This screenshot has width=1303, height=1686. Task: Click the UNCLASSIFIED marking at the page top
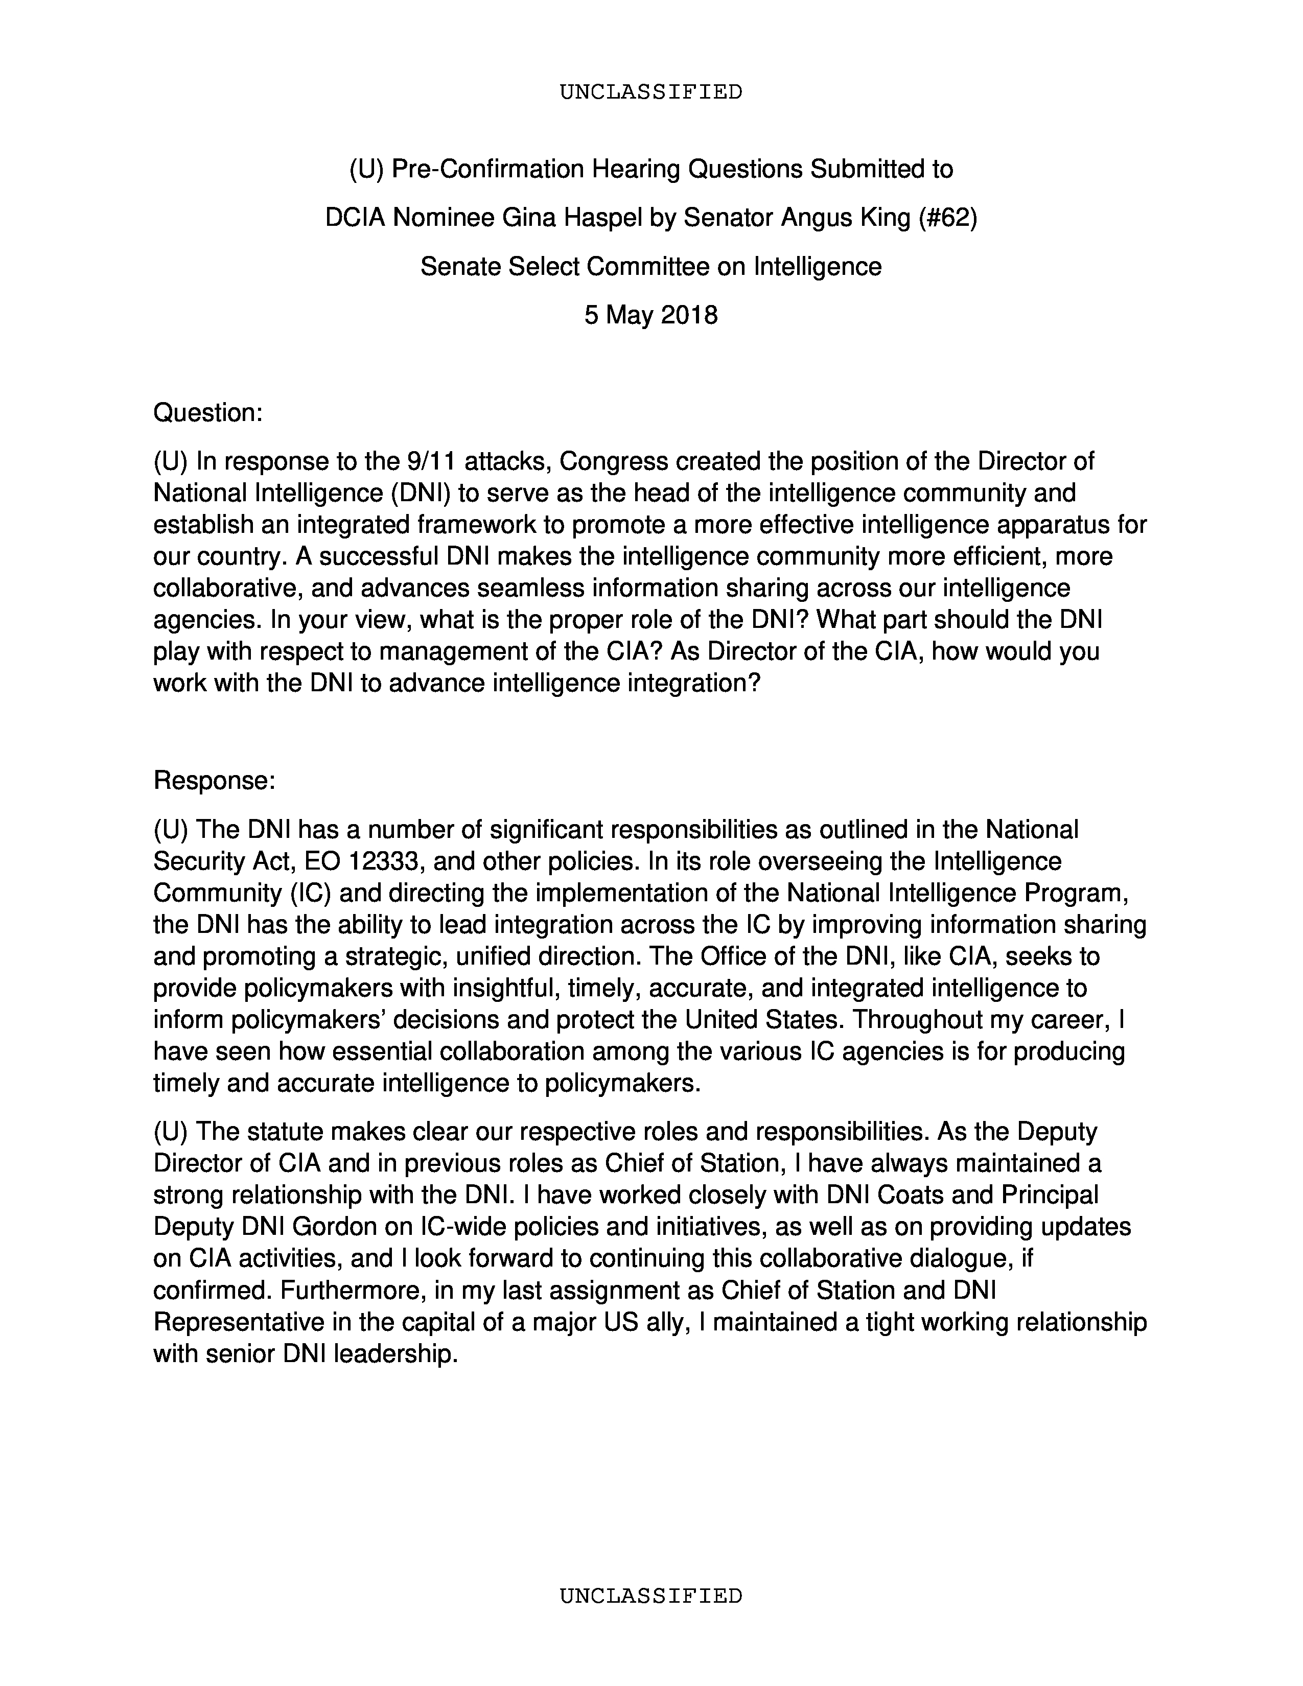pyautogui.click(x=650, y=92)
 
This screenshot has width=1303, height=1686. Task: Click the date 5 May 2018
pyautogui.click(x=650, y=315)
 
